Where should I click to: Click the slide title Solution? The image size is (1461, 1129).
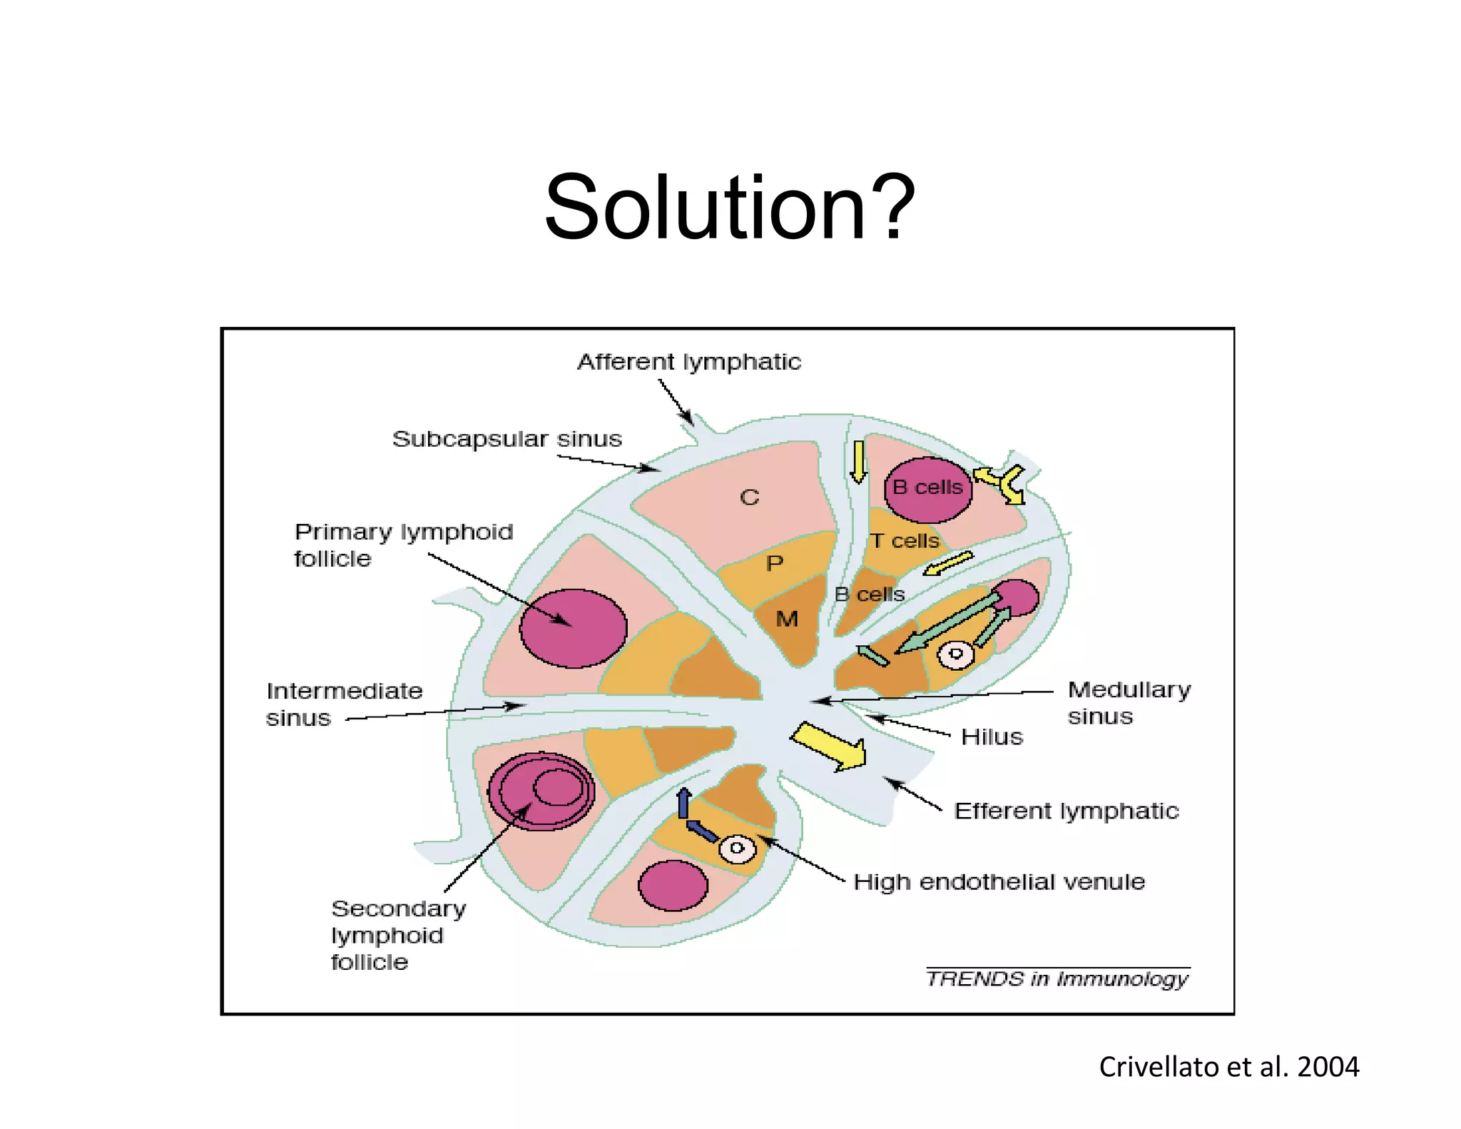(729, 208)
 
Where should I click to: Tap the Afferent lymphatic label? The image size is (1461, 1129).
(688, 362)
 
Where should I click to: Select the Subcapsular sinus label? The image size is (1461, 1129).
(506, 439)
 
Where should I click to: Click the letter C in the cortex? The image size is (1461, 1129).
(749, 497)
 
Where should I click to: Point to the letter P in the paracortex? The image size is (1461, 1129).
(774, 564)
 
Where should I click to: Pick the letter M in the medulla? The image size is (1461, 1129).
(787, 619)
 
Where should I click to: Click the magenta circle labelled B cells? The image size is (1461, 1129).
(927, 489)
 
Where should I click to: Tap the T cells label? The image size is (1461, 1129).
(905, 541)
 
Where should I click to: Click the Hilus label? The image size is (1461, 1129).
(992, 736)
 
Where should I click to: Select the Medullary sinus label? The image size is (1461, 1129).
(1129, 703)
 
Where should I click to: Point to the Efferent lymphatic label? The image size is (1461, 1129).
(1066, 811)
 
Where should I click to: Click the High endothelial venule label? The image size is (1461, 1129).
(999, 882)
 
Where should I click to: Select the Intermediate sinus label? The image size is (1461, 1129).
(344, 704)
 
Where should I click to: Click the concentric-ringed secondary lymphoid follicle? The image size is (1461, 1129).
(541, 791)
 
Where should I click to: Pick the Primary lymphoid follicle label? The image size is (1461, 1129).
(403, 545)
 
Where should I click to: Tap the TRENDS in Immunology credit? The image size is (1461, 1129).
(1057, 978)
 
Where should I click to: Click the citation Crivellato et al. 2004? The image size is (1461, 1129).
(1228, 1067)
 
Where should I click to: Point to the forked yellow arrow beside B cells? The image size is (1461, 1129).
(1002, 483)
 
